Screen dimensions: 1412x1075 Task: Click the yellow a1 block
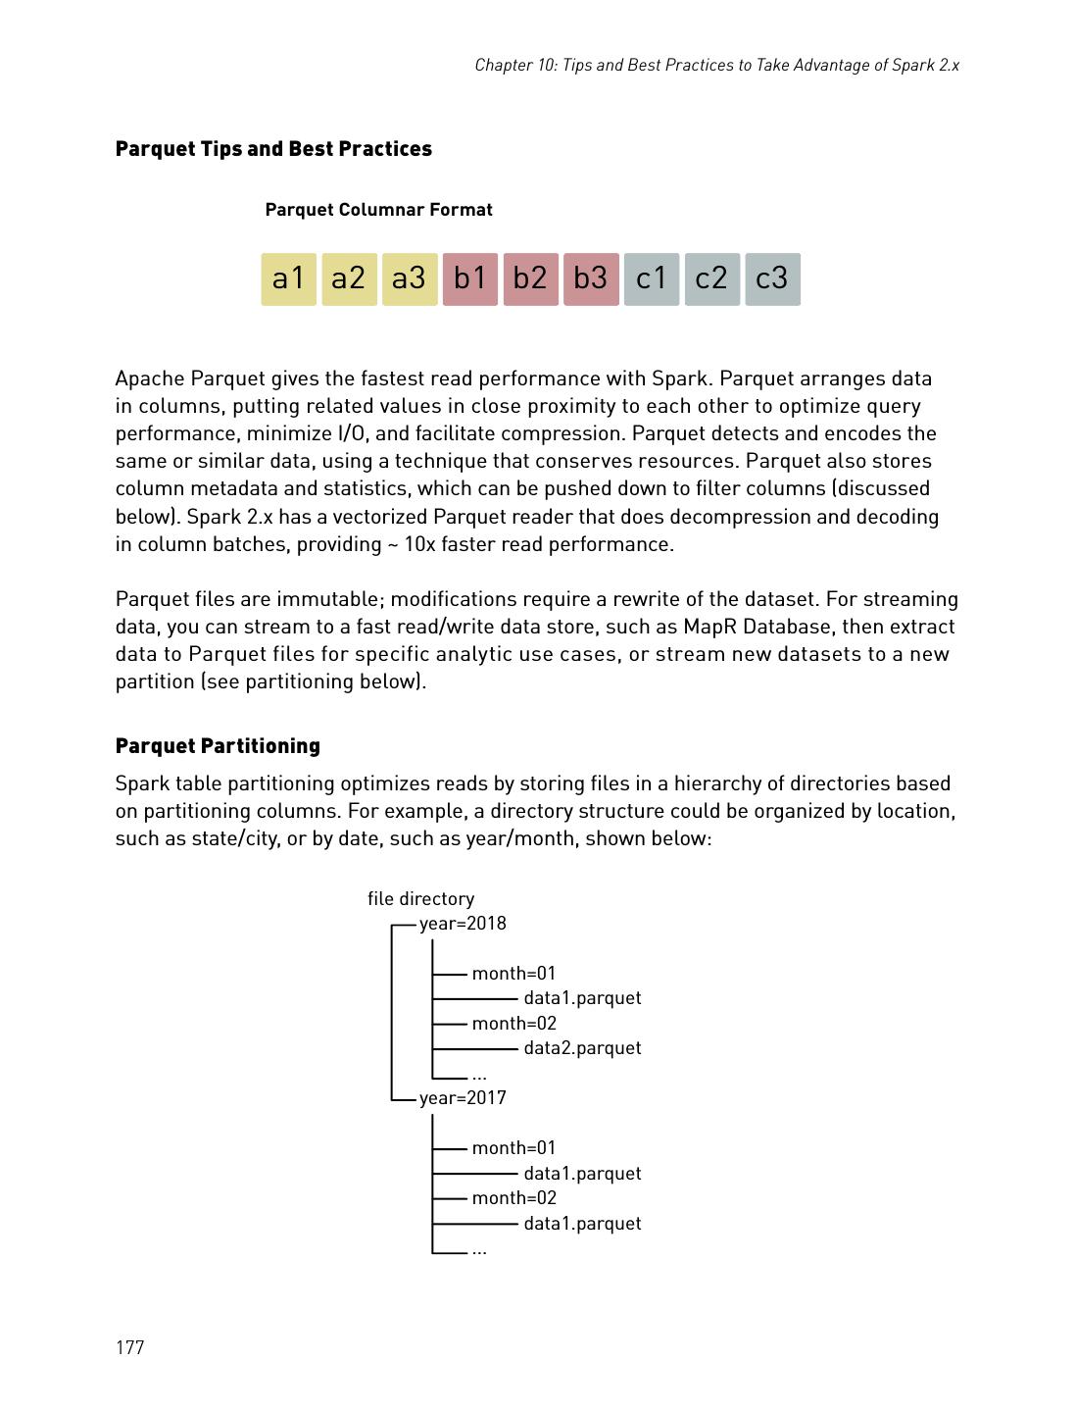tap(288, 279)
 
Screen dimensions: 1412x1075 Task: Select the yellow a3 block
tap(409, 279)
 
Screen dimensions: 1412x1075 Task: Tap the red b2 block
tap(530, 279)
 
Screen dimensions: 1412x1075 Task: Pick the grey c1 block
tap(651, 279)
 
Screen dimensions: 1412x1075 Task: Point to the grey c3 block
tap(772, 279)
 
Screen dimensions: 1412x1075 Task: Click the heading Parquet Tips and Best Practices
tap(273, 149)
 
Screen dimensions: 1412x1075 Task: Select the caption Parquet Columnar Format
tap(378, 210)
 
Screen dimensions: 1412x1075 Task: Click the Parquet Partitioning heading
tap(218, 746)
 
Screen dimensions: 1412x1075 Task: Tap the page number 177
tap(129, 1347)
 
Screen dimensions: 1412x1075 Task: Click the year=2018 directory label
tap(463, 924)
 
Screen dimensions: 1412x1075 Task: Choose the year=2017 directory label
tap(463, 1098)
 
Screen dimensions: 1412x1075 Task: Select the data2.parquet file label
tap(582, 1048)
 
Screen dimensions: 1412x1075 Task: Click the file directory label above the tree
tap(420, 899)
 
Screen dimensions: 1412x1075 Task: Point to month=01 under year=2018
tap(513, 974)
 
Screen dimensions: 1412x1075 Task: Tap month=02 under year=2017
tap(513, 1198)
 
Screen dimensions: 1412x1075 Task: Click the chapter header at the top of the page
tap(716, 66)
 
